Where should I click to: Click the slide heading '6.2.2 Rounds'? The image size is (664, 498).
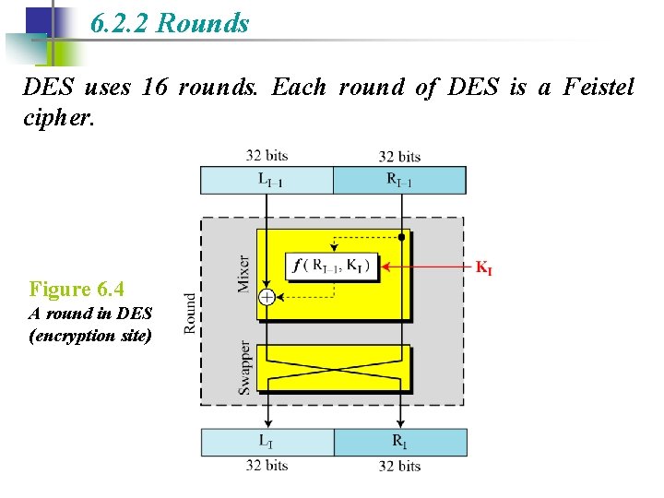tap(171, 23)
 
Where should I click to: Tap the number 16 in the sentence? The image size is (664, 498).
tap(154, 88)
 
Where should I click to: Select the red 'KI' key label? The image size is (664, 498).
tap(483, 268)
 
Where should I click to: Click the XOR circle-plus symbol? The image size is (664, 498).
tap(267, 297)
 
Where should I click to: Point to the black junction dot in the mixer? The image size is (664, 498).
tap(401, 237)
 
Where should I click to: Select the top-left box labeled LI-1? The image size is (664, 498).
tap(267, 180)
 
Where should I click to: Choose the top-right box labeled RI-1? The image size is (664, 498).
tap(399, 180)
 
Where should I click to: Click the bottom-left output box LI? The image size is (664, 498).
tap(267, 442)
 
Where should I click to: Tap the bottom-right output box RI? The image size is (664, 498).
tap(399, 442)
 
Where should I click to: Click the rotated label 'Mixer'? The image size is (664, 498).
tap(244, 273)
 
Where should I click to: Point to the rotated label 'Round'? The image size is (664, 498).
tap(190, 313)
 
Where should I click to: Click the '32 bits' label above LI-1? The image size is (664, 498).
tap(267, 156)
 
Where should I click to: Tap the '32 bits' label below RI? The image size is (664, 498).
tap(399, 466)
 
